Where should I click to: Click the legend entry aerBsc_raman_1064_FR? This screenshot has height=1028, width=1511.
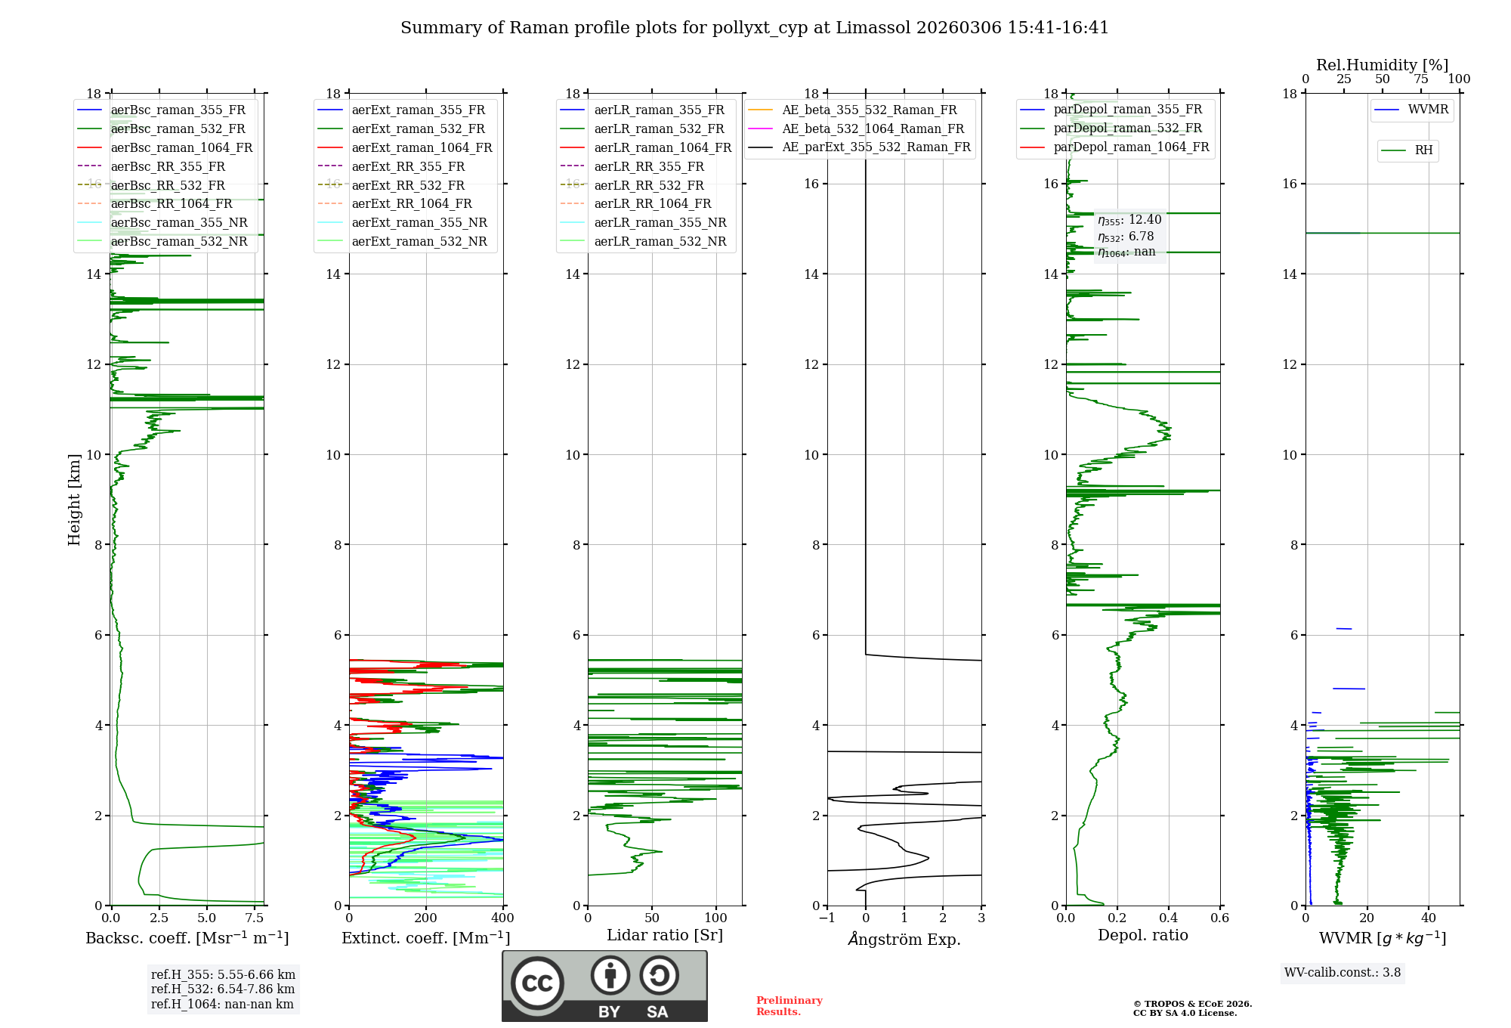(181, 148)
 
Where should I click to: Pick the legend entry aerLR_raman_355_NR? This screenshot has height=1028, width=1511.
(660, 223)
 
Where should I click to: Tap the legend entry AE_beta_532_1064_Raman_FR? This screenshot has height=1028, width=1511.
(873, 129)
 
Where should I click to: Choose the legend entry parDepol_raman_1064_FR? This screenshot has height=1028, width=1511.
(1131, 147)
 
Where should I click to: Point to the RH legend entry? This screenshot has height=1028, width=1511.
(1423, 151)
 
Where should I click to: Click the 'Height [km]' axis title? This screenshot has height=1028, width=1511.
(74, 500)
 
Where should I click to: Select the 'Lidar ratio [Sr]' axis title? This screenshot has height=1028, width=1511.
(665, 936)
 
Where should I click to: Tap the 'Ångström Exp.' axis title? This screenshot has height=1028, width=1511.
(904, 940)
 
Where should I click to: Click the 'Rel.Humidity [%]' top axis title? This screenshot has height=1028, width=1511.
(1382, 65)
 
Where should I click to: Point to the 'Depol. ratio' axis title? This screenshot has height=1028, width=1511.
(1142, 936)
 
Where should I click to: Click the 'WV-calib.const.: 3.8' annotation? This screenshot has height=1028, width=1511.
(1343, 973)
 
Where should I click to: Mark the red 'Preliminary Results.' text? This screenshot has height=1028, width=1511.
(789, 1006)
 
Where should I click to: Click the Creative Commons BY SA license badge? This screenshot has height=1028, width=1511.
(604, 986)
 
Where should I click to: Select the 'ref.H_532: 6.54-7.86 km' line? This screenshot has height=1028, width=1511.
(223, 989)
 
